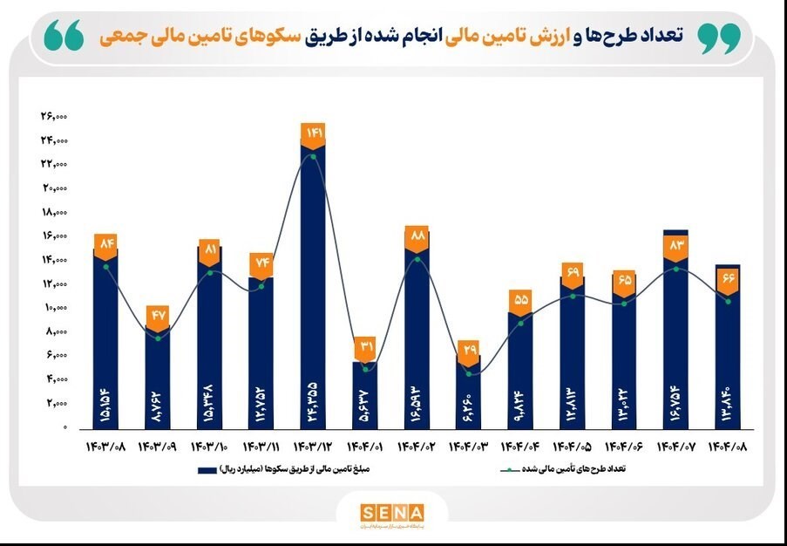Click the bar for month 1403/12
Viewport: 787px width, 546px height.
tap(313, 288)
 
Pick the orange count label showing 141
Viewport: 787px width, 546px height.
tap(313, 133)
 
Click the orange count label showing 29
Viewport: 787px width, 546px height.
tap(469, 350)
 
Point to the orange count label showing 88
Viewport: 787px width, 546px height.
tap(417, 235)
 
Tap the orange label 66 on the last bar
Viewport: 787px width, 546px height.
tap(728, 278)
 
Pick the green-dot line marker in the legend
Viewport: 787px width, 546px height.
tap(508, 470)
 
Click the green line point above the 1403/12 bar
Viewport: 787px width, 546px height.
tap(313, 157)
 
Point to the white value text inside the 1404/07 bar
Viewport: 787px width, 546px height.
tap(675, 396)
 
